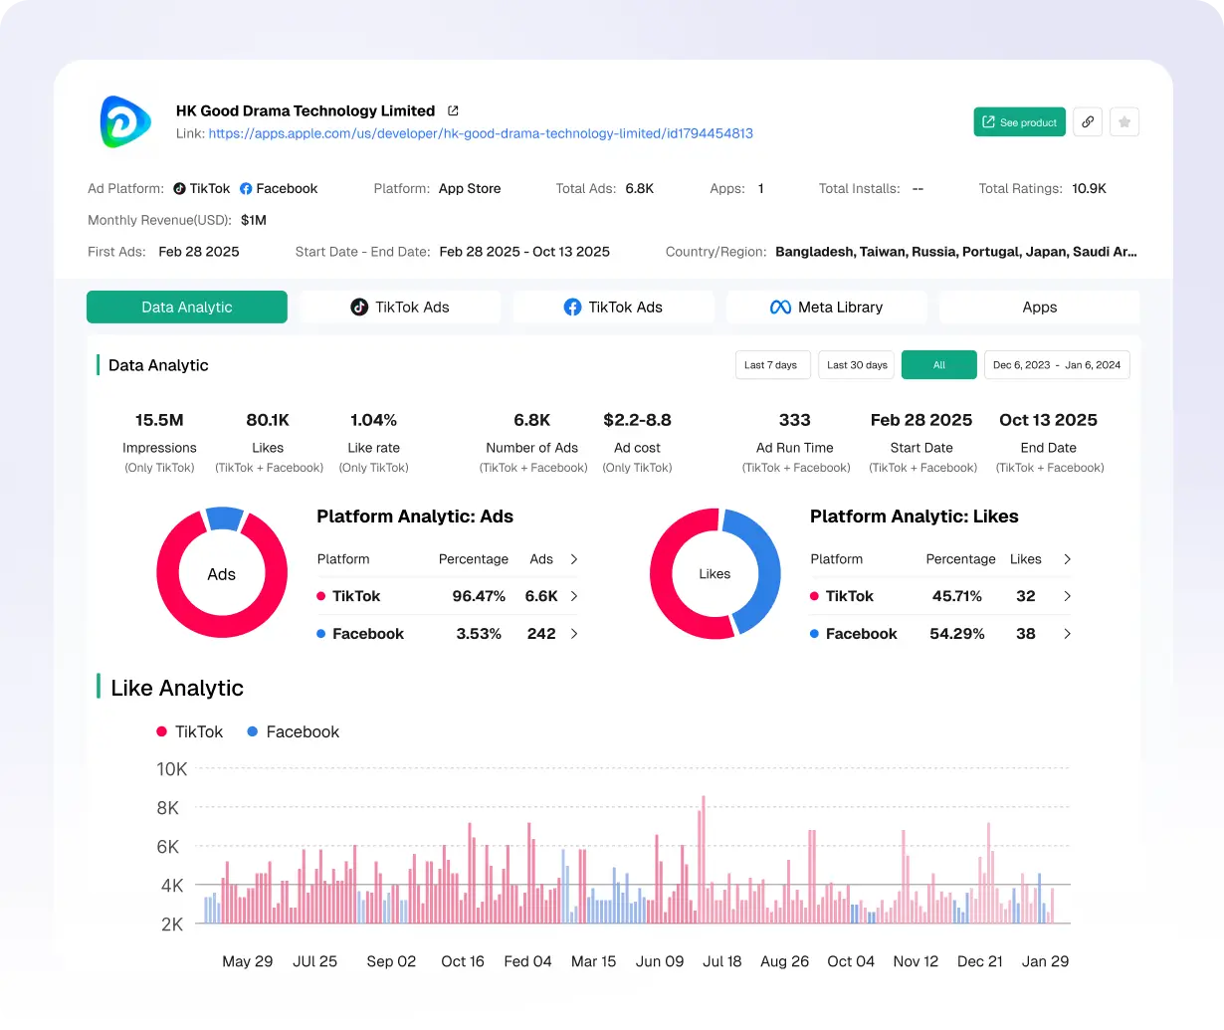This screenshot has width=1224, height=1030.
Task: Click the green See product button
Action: pos(1019,122)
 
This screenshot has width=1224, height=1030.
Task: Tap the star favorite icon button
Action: pos(1123,122)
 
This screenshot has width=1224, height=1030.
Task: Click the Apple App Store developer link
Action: pos(480,133)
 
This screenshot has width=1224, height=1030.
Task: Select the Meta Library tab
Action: pos(826,308)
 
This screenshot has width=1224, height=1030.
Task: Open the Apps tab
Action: pos(1039,308)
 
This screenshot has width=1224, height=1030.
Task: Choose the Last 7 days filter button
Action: pos(772,365)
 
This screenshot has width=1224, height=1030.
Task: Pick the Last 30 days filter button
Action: pos(857,365)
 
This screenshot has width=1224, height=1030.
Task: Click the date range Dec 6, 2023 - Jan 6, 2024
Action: pos(1056,365)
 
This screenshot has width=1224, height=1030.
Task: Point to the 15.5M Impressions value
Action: pos(159,420)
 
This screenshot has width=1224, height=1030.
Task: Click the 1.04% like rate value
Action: pos(373,420)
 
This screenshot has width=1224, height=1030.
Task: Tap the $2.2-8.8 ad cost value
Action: pos(637,420)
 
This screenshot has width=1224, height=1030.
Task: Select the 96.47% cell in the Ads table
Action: pos(479,596)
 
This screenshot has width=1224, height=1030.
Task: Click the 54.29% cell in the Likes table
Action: pos(956,634)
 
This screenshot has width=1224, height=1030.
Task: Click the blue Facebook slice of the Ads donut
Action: pos(225,517)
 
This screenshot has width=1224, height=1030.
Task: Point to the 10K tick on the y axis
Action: pos(171,769)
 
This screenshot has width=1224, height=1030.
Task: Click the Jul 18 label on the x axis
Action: pos(722,961)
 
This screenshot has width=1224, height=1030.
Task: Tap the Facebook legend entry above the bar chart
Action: pos(293,731)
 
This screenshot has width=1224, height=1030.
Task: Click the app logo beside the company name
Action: pos(125,122)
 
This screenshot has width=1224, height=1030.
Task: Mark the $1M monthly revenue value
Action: pos(254,220)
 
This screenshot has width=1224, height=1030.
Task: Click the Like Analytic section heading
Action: pos(177,688)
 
